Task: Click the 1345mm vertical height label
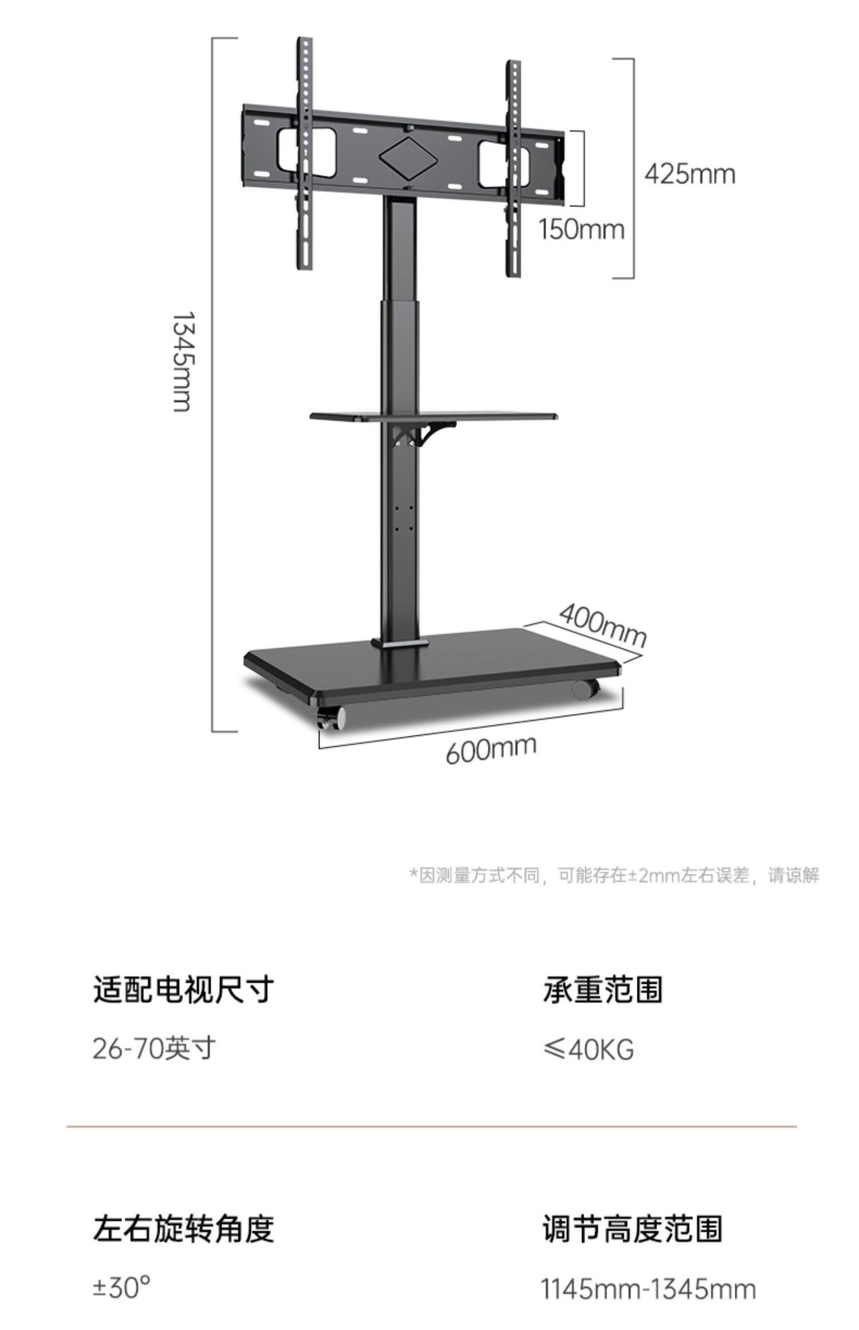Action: pos(183,362)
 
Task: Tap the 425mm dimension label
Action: pos(689,173)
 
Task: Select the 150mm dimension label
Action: pos(581,230)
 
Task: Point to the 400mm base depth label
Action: pos(602,624)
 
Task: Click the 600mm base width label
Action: pos(491,749)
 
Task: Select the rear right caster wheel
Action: pos(586,689)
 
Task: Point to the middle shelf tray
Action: pos(434,416)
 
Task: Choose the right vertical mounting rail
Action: pos(514,169)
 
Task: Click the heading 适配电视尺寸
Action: pos(183,989)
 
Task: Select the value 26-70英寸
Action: pos(154,1048)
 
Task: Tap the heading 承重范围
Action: pos(602,989)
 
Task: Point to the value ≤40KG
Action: pos(588,1049)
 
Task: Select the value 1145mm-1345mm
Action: pos(648,1289)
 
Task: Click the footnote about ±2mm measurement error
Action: pos(614,875)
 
